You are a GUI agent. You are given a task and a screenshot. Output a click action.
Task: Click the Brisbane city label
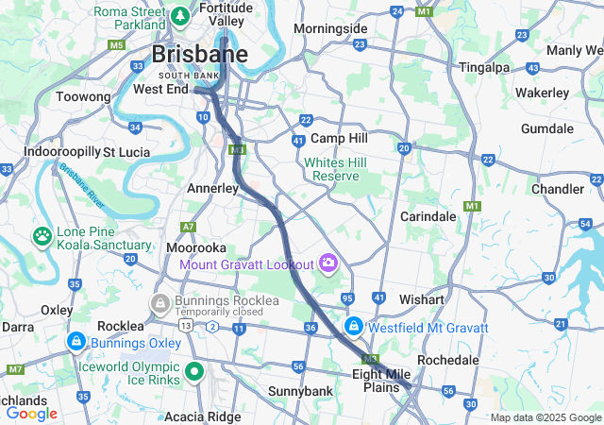[x=200, y=54]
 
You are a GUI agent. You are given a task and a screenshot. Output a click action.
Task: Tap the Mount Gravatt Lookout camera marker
[x=328, y=262]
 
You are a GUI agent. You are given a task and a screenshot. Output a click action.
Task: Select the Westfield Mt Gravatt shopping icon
[x=354, y=327]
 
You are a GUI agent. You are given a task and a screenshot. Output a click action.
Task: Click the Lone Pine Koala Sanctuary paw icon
[x=42, y=234]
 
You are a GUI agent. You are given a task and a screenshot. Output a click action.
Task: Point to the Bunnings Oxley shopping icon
[x=75, y=341]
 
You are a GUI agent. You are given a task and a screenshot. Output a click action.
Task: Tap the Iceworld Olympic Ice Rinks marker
[x=194, y=371]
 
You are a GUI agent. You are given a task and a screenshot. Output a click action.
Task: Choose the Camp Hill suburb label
[x=338, y=138]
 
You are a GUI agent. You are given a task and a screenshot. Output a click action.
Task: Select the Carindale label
[x=428, y=216]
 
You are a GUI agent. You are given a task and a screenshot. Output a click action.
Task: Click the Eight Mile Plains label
[x=381, y=381]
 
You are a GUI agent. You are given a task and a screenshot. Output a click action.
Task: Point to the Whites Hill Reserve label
[x=330, y=169]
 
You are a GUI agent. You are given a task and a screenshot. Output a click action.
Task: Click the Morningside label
[x=329, y=28]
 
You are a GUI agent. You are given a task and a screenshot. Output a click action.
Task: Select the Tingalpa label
[x=483, y=67]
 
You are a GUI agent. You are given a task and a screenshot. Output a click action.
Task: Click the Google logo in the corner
[x=31, y=413]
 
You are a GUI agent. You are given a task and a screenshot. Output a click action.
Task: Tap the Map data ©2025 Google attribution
[x=545, y=417]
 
